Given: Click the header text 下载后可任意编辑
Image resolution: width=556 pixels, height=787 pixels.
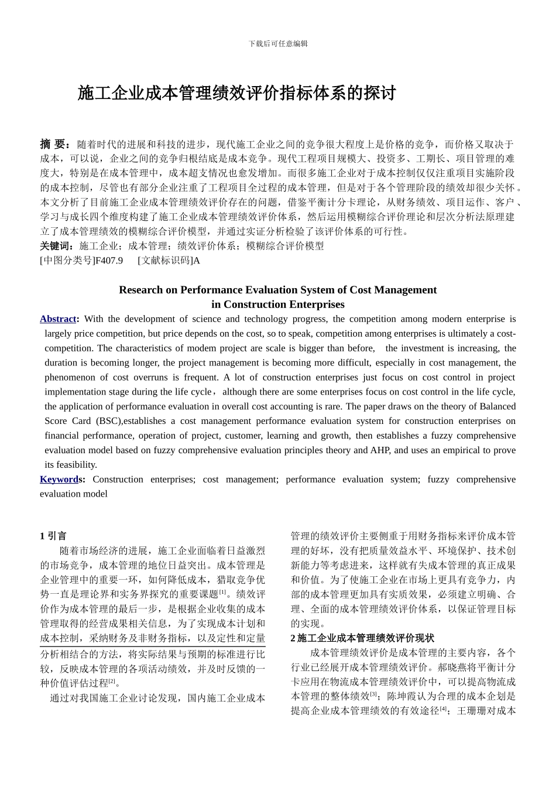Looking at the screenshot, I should [277, 44].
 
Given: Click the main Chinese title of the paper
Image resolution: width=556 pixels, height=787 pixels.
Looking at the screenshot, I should [237, 93].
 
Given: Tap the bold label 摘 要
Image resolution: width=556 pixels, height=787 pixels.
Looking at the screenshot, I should [54, 144].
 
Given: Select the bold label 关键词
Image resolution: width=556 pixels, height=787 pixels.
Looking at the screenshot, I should [57, 246].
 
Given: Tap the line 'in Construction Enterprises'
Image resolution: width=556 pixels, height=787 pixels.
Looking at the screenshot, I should [277, 304].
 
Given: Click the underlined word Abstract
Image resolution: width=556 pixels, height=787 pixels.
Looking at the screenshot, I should [58, 319].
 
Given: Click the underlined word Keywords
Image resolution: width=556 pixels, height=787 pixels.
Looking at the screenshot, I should [59, 480].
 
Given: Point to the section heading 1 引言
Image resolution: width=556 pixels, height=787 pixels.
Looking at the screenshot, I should [53, 536].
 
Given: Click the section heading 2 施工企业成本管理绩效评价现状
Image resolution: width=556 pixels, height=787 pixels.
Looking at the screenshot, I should [362, 638].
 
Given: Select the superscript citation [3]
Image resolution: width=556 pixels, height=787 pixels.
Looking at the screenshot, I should [373, 694].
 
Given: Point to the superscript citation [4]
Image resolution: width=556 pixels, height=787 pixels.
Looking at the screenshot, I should [443, 709].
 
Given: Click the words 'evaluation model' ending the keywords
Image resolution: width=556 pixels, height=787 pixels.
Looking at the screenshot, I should [74, 494].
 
